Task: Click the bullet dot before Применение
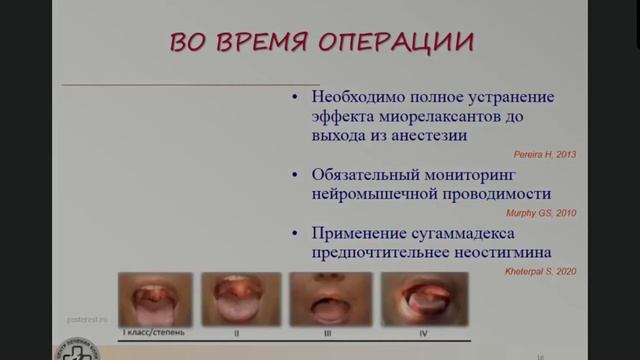point(294,234)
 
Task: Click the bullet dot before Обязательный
point(294,175)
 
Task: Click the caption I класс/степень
point(150,331)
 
